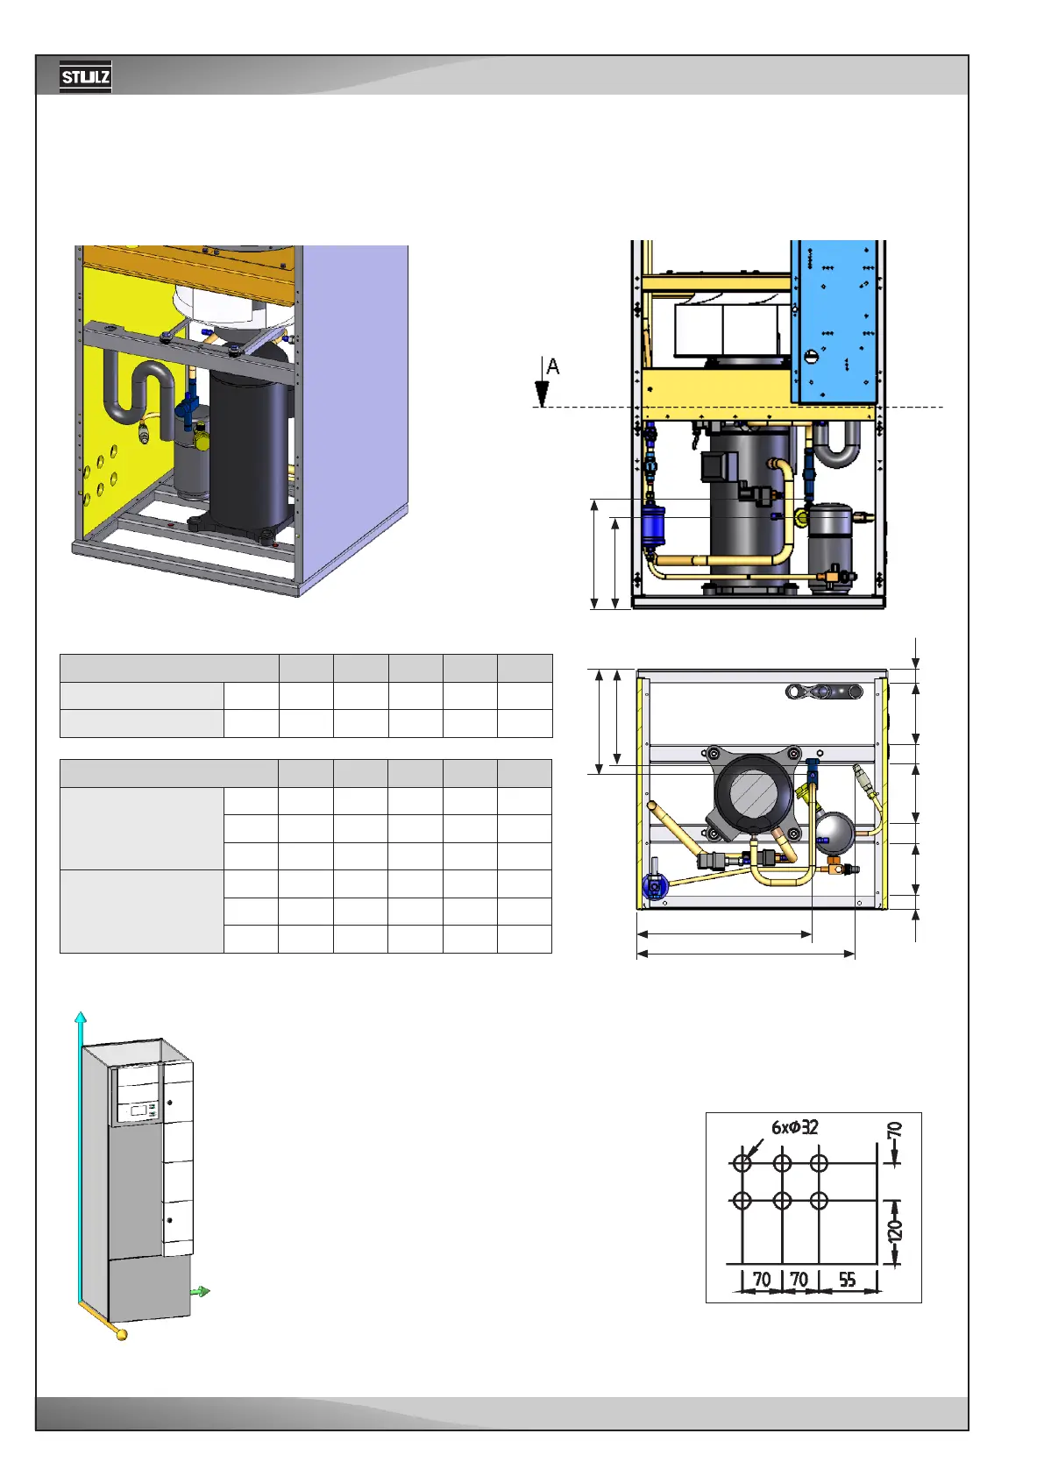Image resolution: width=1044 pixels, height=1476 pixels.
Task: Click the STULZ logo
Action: click(x=85, y=77)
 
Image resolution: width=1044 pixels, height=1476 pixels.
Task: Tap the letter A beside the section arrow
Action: click(x=553, y=366)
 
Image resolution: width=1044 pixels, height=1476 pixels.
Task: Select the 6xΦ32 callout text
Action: click(x=795, y=1127)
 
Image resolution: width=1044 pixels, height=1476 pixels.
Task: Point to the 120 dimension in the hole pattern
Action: click(x=894, y=1230)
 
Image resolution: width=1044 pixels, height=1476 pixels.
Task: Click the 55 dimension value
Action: click(x=847, y=1279)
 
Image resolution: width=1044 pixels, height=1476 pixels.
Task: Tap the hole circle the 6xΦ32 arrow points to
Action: click(x=742, y=1163)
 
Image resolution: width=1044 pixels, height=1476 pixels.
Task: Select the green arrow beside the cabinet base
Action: click(x=201, y=1292)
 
